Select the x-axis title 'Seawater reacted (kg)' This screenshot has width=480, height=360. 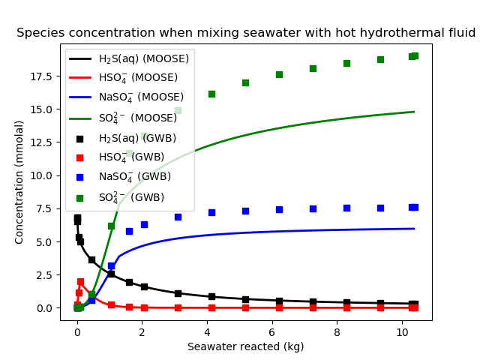tap(246, 346)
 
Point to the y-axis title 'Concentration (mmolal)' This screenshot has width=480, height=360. tap(20, 184)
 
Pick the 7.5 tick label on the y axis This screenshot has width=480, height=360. tap(45, 208)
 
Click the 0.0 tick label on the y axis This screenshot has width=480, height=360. tap(45, 308)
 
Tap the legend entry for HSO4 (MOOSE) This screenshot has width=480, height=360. tap(138, 78)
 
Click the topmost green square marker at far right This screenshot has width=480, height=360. tap(415, 55)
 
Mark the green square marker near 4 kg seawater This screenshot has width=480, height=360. tap(211, 94)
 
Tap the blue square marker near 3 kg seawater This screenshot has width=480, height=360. tap(178, 217)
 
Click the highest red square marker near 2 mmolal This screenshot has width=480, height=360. tap(80, 282)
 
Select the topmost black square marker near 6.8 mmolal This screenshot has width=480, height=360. tap(77, 218)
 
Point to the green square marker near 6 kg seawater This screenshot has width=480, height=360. tap(279, 74)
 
